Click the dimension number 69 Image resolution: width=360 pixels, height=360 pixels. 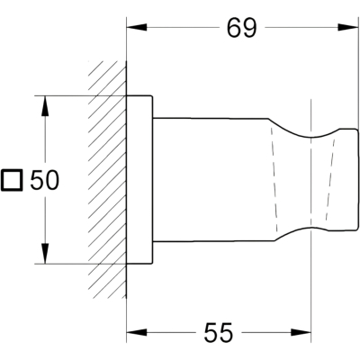coord(242,28)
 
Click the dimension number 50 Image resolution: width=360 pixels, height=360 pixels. coord(45,180)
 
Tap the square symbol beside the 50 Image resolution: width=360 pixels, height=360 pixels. coord(12,180)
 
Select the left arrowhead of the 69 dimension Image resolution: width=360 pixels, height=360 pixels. coord(137,28)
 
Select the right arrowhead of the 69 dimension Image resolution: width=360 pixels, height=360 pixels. coord(348,28)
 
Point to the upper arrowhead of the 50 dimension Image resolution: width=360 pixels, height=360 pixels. coord(45,106)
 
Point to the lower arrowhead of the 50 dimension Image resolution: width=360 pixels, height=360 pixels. coord(45,254)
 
